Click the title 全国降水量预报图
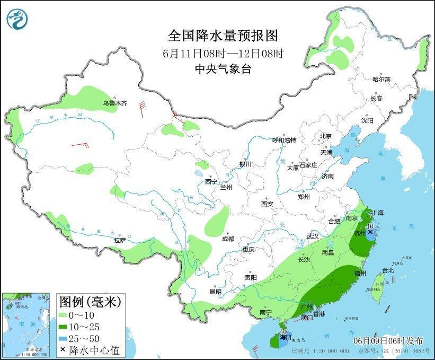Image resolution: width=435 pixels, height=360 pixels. [223, 36]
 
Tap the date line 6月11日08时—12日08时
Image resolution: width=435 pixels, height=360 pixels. [223, 53]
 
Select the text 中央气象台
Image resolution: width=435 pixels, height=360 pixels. [223, 68]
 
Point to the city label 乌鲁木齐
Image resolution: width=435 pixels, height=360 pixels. [115, 103]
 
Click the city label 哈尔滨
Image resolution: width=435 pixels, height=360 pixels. [381, 79]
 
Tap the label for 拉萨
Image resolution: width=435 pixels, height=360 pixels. [120, 240]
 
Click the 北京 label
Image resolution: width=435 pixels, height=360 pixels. [325, 136]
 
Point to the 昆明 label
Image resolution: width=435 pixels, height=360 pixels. [216, 292]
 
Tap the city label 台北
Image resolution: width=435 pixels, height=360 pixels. [387, 270]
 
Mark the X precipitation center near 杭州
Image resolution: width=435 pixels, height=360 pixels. [370, 232]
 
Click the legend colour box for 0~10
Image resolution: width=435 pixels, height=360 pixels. [66, 315]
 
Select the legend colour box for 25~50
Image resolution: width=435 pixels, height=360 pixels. [66, 338]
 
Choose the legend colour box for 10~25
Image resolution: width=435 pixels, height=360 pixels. [66, 327]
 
